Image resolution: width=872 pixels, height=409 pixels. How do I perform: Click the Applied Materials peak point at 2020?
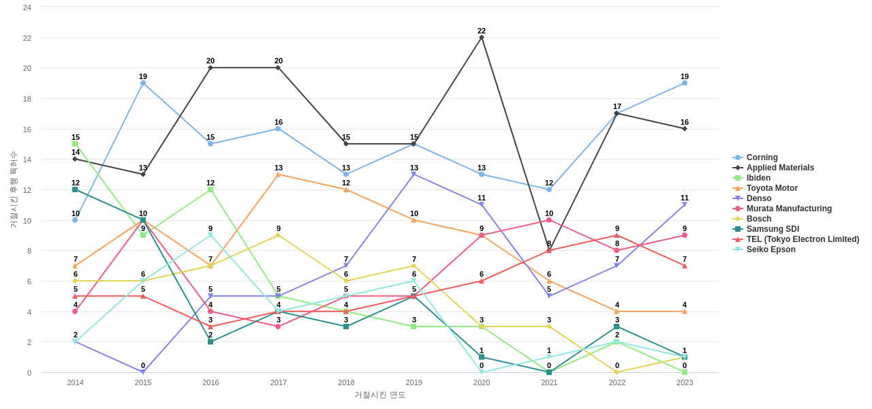(x=482, y=37)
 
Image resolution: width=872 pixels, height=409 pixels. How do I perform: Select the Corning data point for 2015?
(x=143, y=83)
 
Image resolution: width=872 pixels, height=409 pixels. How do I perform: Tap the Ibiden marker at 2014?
(x=75, y=144)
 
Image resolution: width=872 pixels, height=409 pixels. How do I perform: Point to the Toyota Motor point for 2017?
(x=278, y=175)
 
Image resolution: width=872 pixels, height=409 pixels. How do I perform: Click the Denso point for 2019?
(x=414, y=175)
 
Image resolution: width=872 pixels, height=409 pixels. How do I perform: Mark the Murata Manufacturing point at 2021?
(x=549, y=220)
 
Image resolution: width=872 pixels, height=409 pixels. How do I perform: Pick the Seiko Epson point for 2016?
(x=211, y=235)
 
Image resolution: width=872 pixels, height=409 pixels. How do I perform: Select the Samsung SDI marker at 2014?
(x=75, y=190)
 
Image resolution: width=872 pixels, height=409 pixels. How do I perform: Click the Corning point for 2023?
(x=685, y=83)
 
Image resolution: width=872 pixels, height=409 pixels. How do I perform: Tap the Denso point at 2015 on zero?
(x=143, y=372)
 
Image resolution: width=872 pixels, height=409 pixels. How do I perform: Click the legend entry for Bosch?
(x=759, y=219)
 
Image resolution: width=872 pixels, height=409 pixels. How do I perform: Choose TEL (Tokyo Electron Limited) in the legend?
(x=803, y=239)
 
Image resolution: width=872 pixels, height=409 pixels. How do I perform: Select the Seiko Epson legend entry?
(x=770, y=249)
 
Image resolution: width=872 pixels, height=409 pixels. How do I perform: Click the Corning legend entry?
(x=762, y=157)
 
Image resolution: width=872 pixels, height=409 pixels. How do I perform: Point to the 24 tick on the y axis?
(x=27, y=7)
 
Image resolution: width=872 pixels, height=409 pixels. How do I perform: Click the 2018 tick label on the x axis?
(x=346, y=382)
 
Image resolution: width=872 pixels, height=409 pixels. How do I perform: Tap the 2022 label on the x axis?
(x=617, y=382)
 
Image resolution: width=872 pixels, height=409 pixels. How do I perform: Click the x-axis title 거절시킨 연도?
(x=379, y=395)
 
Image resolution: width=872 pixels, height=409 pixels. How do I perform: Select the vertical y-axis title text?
(x=13, y=190)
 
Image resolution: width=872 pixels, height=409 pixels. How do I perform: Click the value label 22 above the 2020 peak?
(x=482, y=31)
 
